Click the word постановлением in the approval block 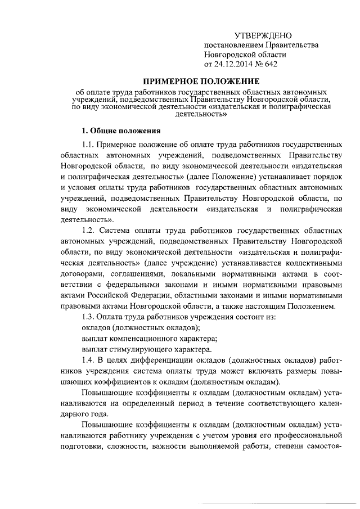232,44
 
